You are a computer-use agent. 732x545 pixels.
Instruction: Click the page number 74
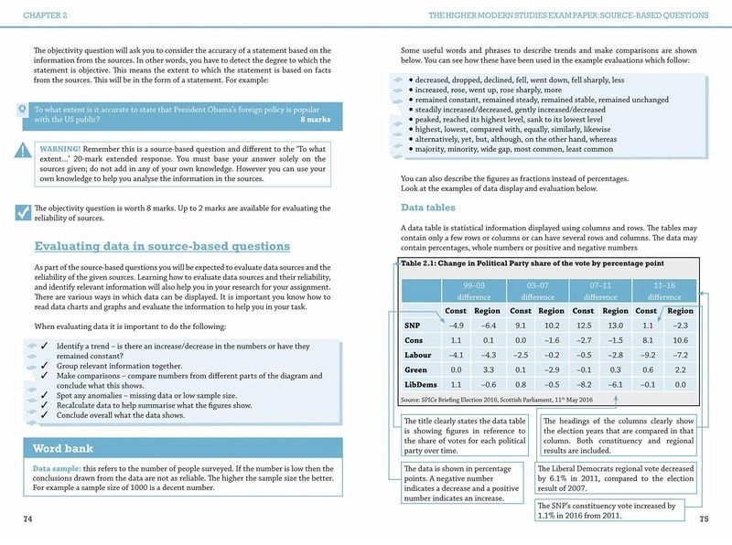(x=27, y=518)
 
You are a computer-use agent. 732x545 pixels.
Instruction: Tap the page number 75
(x=704, y=518)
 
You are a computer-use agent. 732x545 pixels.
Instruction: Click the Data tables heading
(x=428, y=208)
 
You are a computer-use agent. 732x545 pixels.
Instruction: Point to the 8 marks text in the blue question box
(x=315, y=120)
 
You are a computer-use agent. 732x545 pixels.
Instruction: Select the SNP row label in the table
(x=412, y=325)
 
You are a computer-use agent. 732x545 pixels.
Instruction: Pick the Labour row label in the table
(x=417, y=354)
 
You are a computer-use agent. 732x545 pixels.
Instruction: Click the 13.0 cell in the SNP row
(x=615, y=325)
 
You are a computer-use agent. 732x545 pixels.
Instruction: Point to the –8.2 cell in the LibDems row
(x=583, y=384)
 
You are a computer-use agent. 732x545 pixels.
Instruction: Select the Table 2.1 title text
(x=531, y=264)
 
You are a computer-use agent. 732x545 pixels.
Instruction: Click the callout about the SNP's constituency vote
(x=607, y=510)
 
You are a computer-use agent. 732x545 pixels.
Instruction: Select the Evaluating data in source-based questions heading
(x=162, y=246)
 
